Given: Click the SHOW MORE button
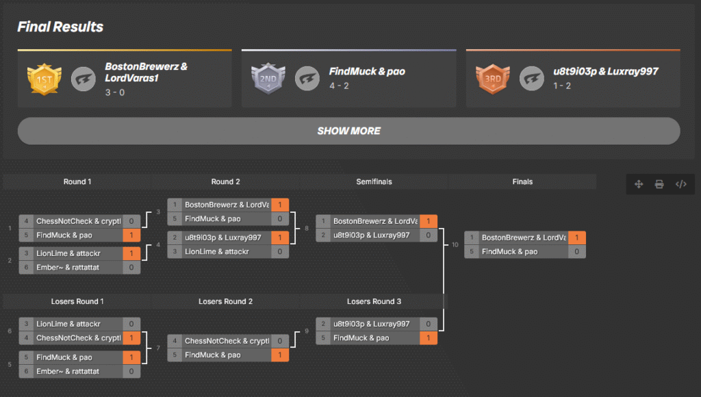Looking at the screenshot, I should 348,131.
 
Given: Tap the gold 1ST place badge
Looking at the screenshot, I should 44,79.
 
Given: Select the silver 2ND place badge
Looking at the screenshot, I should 268,79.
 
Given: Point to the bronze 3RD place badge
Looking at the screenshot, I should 492,79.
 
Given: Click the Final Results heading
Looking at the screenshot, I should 60,27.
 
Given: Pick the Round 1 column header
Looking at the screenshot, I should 77,181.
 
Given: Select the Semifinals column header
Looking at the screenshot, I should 374,181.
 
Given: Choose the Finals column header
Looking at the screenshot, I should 522,181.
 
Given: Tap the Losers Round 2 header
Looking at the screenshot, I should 225,301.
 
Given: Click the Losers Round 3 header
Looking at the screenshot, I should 374,301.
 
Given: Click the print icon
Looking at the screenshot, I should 659,184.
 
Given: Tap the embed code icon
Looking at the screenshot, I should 680,184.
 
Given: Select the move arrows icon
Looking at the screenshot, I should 639,184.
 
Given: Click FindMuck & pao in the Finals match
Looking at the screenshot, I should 510,252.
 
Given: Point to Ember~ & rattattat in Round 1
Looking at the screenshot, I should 68,268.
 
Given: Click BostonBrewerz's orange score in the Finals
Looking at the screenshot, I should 577,238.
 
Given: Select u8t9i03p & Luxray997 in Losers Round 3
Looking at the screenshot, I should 371,324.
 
